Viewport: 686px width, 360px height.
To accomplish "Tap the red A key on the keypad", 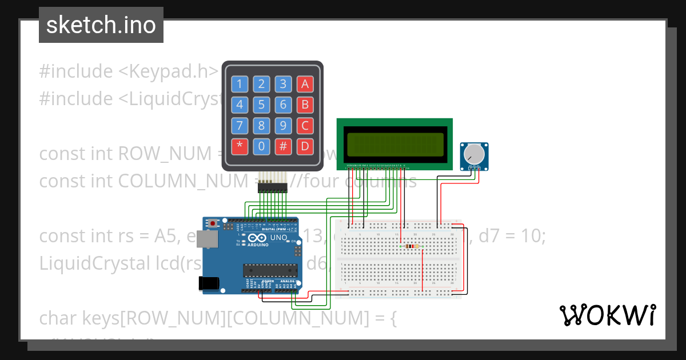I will click(x=305, y=85).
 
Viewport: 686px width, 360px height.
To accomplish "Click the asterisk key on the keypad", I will click(x=240, y=146).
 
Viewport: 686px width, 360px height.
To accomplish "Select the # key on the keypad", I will click(x=283, y=146).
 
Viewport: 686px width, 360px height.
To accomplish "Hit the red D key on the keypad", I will click(x=305, y=146).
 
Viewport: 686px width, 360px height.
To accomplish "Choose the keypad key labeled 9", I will click(x=283, y=126).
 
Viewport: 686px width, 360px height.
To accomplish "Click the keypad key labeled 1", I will click(x=240, y=85).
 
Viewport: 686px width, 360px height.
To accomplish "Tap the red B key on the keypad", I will click(x=305, y=105).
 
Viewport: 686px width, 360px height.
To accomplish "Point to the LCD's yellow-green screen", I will click(x=394, y=144).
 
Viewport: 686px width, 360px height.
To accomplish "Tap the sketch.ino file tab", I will click(x=101, y=25).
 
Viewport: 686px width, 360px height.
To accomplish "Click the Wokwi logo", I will click(x=608, y=315).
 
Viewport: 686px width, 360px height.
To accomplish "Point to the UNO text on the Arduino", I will click(x=278, y=237).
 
